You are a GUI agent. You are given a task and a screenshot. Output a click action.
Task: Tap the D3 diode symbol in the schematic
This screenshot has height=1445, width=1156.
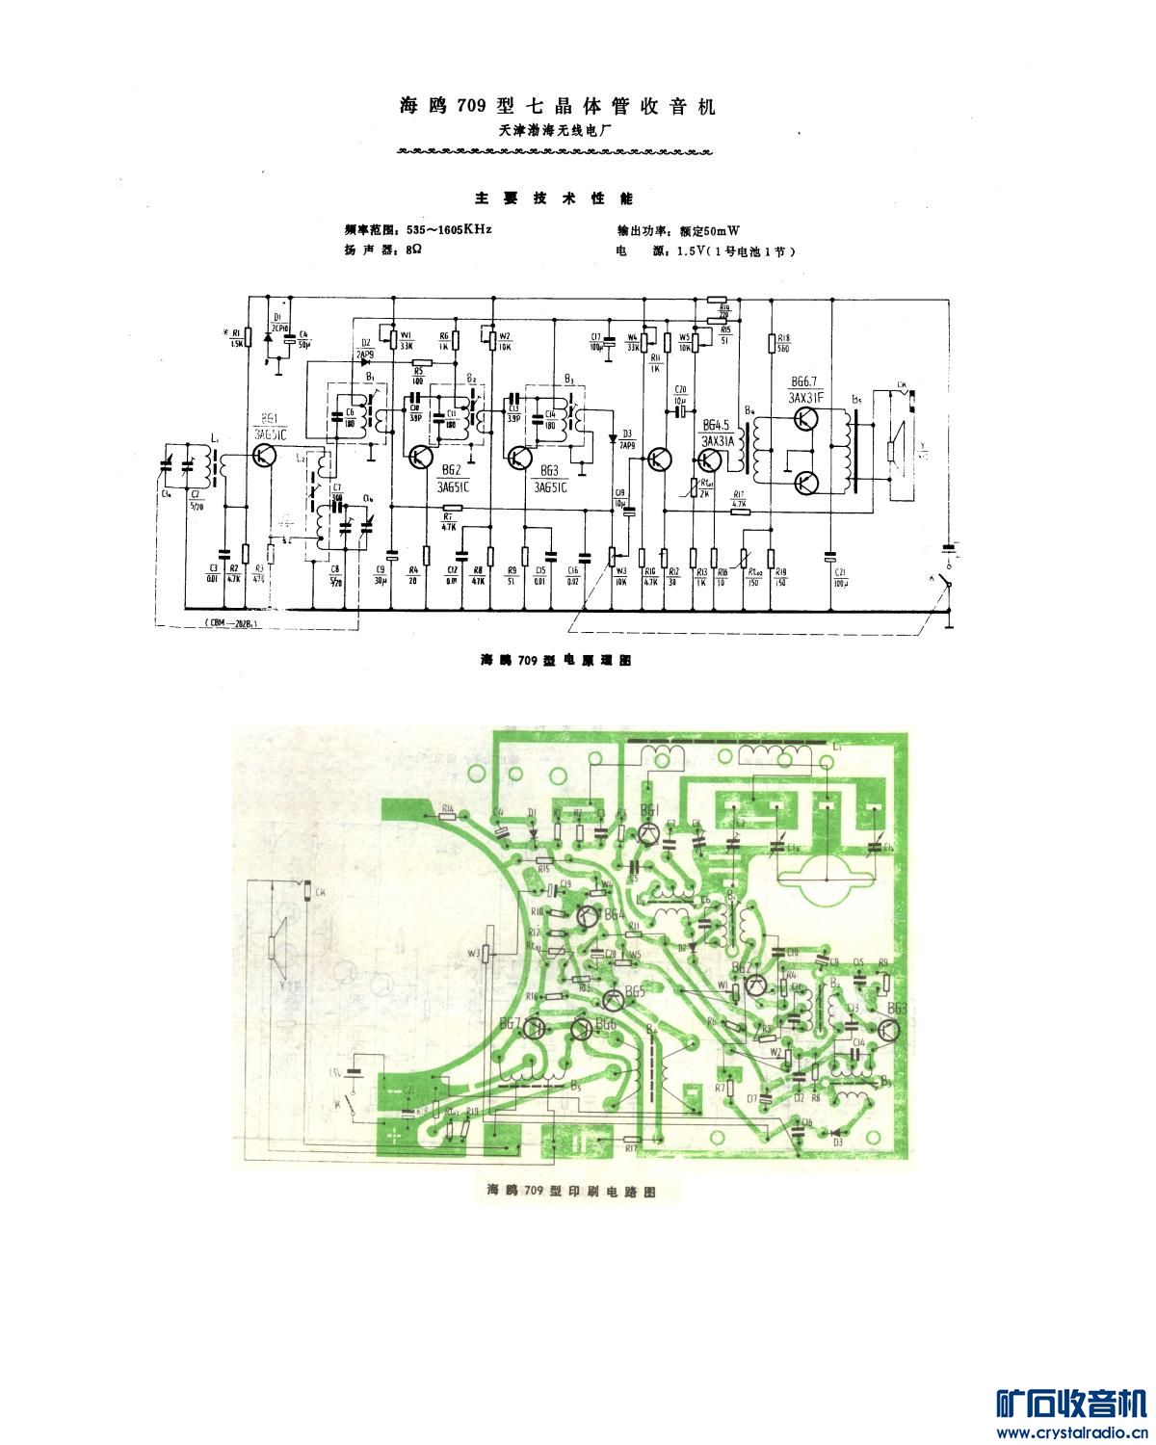coord(613,435)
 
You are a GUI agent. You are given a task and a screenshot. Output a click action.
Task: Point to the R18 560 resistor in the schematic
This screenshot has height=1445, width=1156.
coord(771,343)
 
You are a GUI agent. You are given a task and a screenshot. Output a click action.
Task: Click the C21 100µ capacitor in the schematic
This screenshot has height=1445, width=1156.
coord(829,556)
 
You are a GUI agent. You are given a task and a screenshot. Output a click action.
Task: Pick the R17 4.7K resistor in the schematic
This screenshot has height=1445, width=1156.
coord(740,512)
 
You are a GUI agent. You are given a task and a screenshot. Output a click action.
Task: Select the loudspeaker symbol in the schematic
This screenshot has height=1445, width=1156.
coord(895,448)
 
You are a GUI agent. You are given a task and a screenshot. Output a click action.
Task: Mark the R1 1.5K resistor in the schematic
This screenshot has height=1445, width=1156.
coord(248,336)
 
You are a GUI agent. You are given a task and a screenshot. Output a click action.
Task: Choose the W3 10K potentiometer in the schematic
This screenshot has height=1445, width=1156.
coord(615,557)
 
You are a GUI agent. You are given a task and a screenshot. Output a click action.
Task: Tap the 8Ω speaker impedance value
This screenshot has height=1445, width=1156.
coord(414,250)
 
